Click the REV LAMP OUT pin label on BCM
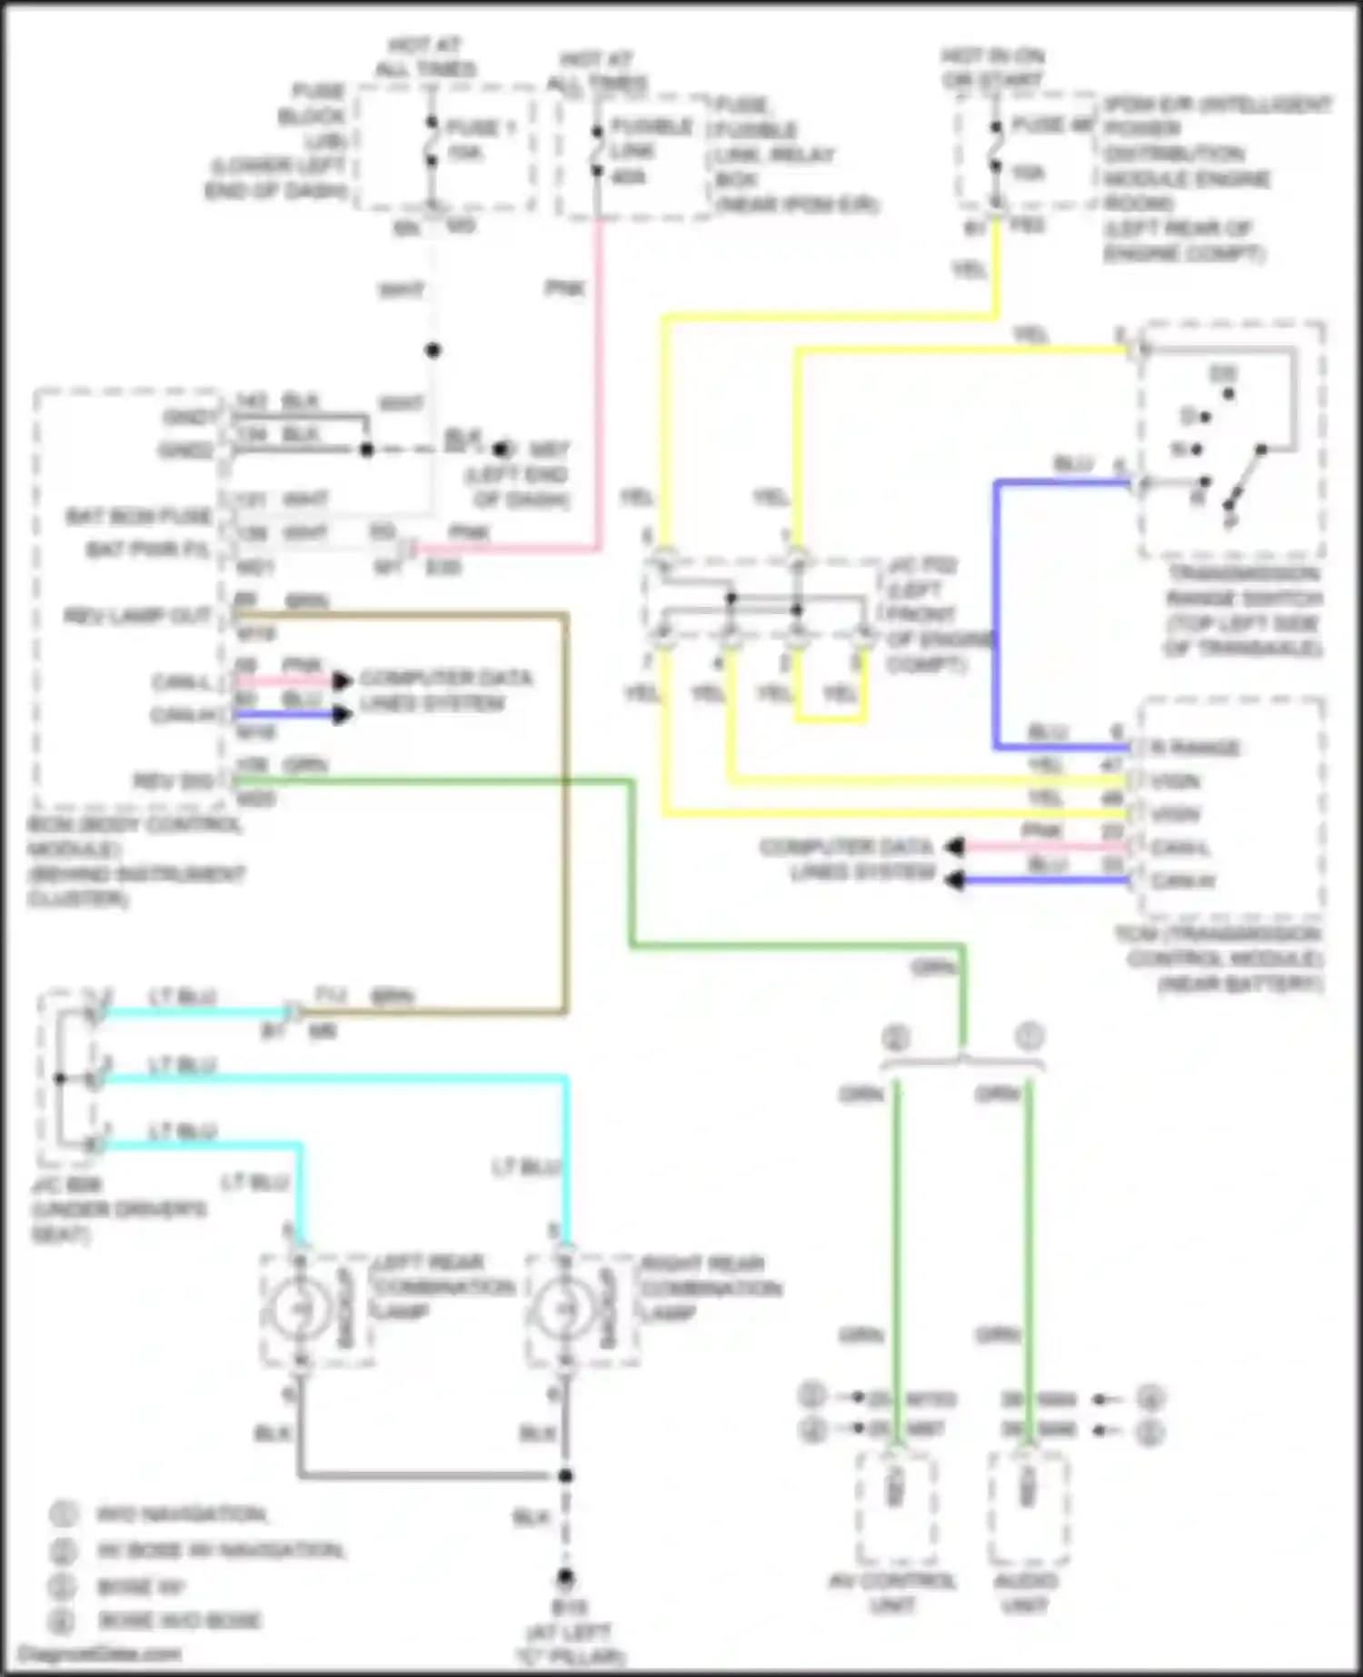137,617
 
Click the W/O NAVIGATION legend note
181,1514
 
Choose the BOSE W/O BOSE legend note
179,1620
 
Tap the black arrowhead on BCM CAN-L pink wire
341,681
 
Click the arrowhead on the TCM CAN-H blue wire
954,880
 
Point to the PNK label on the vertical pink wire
565,289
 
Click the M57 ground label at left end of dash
549,450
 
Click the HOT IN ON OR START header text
993,68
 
